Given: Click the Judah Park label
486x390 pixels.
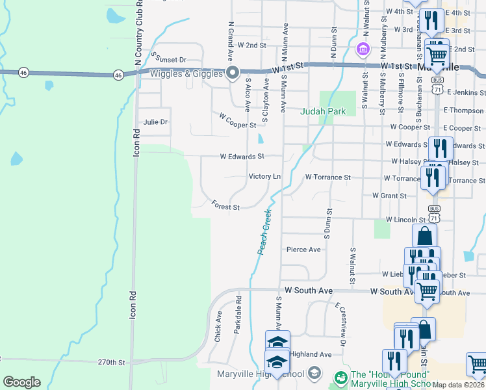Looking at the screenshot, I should pyautogui.click(x=323, y=111).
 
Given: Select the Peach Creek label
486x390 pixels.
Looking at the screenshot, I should pyautogui.click(x=264, y=231).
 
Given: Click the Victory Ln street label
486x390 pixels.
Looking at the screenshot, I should pyautogui.click(x=264, y=177).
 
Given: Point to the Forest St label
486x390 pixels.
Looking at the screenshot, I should pyautogui.click(x=226, y=205).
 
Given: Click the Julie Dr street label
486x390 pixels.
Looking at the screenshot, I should pyautogui.click(x=155, y=122).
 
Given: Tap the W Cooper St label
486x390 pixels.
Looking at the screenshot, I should pyautogui.click(x=235, y=121).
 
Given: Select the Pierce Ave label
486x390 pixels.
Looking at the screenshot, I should pyautogui.click(x=303, y=250).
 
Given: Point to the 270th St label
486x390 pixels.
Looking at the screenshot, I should pyautogui.click(x=111, y=361).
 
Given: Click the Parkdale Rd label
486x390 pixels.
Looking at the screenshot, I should pyautogui.click(x=238, y=311).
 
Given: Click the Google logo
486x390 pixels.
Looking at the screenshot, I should pyautogui.click(x=21, y=382).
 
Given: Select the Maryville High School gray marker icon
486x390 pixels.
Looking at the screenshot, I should pyautogui.click(x=314, y=372).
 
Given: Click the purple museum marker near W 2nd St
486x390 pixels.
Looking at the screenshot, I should pyautogui.click(x=363, y=49).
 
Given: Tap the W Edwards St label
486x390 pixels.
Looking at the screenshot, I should pyautogui.click(x=242, y=157).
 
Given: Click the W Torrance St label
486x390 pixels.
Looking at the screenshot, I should pyautogui.click(x=327, y=177).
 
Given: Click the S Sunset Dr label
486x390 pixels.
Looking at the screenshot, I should pyautogui.click(x=168, y=58).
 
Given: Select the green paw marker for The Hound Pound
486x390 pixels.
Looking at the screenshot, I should pyautogui.click(x=340, y=376).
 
